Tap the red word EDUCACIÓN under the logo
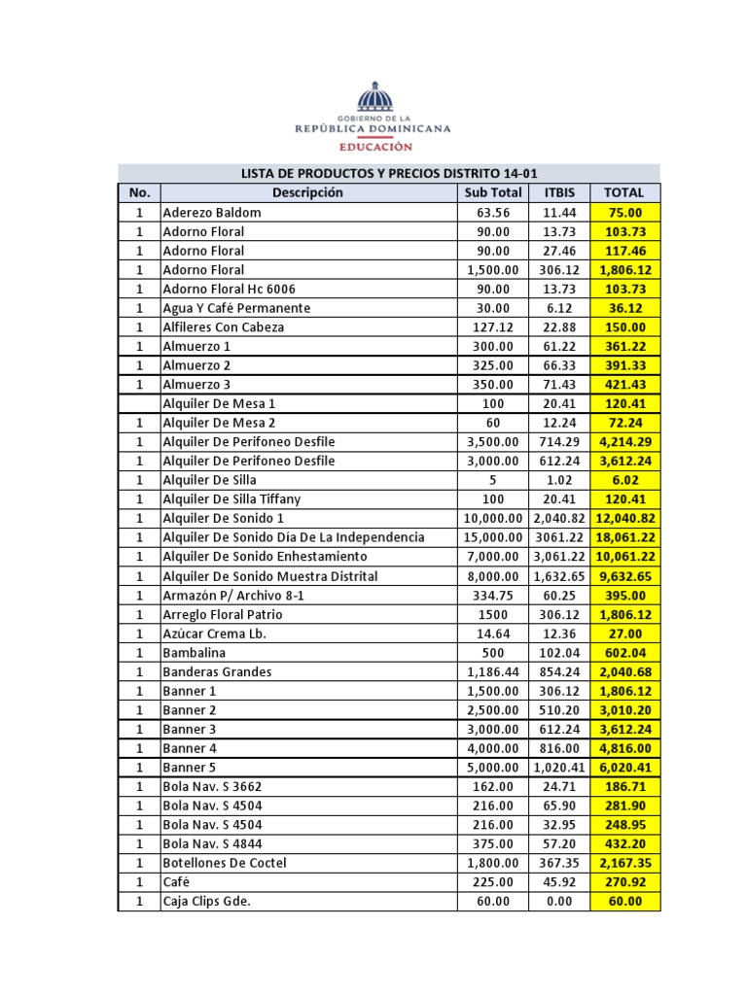pos(374,147)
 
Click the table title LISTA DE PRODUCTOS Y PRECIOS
pos(389,174)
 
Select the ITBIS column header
pos(559,192)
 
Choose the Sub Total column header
pos(493,192)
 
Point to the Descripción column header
pos(307,192)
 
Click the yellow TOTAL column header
pos(624,192)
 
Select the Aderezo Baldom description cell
pos(212,212)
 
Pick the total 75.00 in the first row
pos(624,212)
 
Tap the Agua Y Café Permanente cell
pos(236,308)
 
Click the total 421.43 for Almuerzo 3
pos(624,385)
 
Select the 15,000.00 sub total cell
pos(493,537)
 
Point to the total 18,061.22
pos(624,537)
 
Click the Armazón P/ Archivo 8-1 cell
pos(233,595)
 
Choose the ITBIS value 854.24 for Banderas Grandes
pos(559,671)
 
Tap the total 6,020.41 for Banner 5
pos(624,768)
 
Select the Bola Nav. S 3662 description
pos(212,786)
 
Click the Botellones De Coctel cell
pos(225,863)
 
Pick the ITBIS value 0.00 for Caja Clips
pos(559,902)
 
